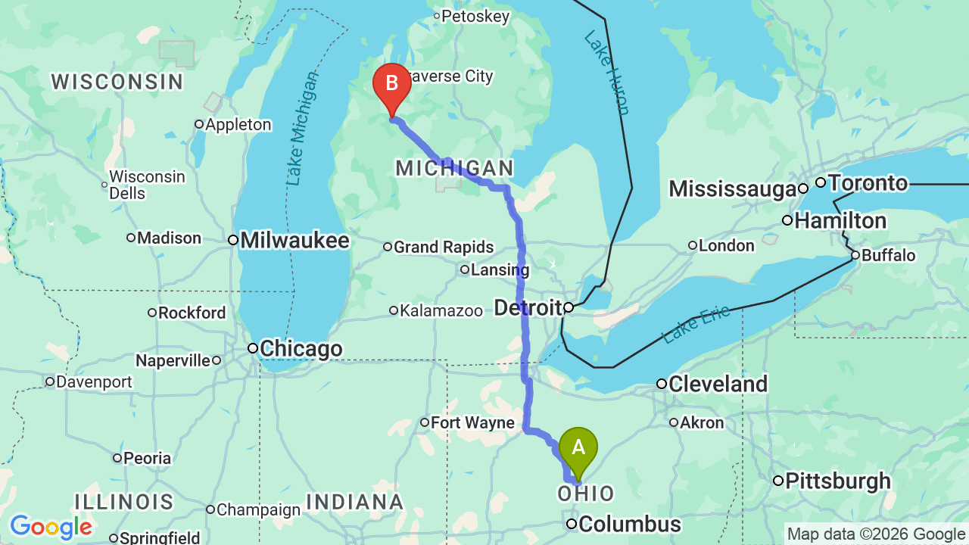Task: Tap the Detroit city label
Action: click(528, 307)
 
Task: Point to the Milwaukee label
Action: click(294, 241)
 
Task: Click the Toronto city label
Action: click(868, 183)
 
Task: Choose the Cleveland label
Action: click(718, 384)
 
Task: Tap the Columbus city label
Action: click(631, 524)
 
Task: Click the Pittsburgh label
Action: click(838, 481)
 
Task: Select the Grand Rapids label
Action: click(443, 247)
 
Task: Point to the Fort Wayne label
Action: click(473, 422)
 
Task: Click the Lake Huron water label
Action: click(606, 73)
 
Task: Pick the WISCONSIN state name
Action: click(117, 82)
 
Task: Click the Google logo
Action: click(51, 527)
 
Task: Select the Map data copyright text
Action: click(877, 534)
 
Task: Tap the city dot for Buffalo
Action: click(855, 255)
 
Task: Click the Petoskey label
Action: click(475, 17)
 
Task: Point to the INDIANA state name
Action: click(354, 501)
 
